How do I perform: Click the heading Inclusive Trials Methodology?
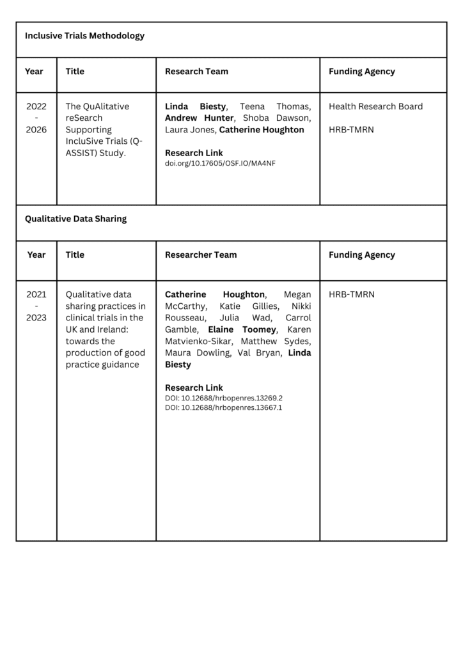coord(84,36)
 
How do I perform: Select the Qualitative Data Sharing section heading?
coord(75,219)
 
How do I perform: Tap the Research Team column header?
coord(196,72)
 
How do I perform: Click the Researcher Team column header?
coord(201,255)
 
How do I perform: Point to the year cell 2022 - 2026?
coord(36,118)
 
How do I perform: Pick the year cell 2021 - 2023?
coord(36,306)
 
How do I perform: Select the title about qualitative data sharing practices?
coord(106,329)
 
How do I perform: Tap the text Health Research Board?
coord(375,106)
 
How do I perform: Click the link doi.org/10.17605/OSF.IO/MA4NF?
coord(220,163)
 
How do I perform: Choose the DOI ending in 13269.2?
coord(223,398)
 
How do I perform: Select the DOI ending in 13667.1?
coord(223,407)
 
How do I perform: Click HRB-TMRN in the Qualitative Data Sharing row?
coord(352,294)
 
